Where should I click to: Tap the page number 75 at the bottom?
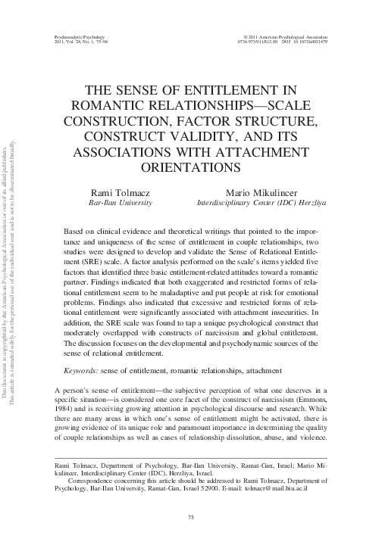191,516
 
